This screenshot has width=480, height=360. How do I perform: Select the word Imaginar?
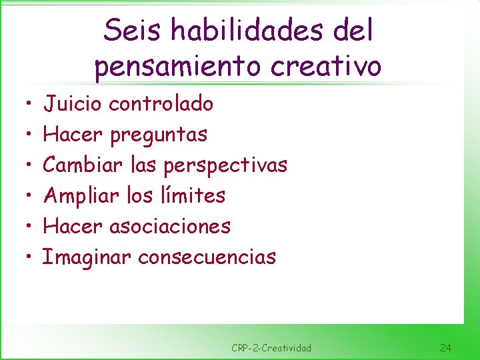pos(87,257)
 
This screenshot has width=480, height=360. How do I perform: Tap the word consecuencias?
pos(207,257)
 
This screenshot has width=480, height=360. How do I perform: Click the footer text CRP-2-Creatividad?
pos(271,347)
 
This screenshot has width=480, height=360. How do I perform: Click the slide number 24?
pos(446,347)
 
